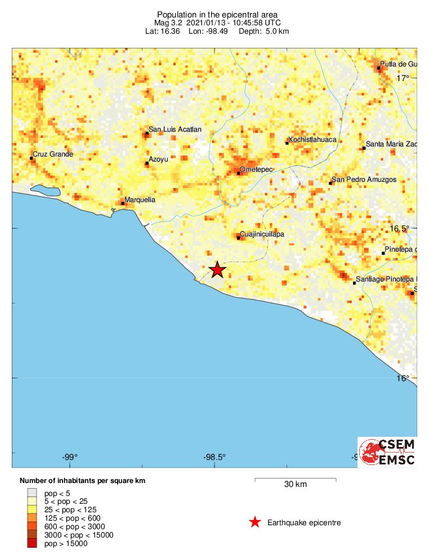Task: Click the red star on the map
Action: pyautogui.click(x=217, y=270)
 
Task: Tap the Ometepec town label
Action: pyautogui.click(x=253, y=169)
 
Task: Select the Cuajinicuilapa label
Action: pyautogui.click(x=262, y=234)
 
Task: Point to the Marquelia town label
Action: pyautogui.click(x=139, y=200)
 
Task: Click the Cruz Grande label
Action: pyautogui.click(x=53, y=154)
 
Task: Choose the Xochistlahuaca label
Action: pyautogui.click(x=311, y=140)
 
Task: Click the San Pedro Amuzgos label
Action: pyautogui.click(x=364, y=180)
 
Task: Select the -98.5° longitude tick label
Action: pyautogui.click(x=214, y=457)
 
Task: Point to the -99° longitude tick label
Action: pyautogui.click(x=70, y=457)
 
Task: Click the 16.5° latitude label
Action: pyautogui.click(x=400, y=229)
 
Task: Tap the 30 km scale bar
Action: pyautogui.click(x=296, y=480)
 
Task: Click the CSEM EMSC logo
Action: pyautogui.click(x=387, y=452)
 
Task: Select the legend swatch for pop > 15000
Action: pyautogui.click(x=32, y=543)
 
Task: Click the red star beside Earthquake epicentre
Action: pyautogui.click(x=255, y=522)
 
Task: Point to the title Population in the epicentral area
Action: pyautogui.click(x=217, y=14)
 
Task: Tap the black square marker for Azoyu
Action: pyautogui.click(x=147, y=163)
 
